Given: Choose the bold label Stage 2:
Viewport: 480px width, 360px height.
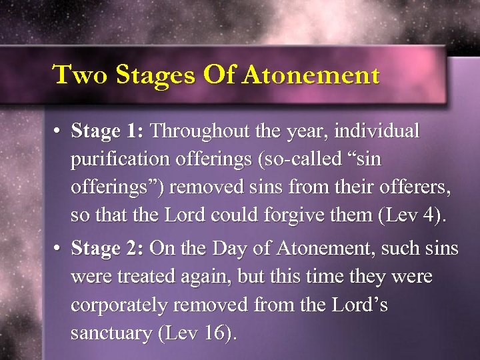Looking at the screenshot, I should point(108,249).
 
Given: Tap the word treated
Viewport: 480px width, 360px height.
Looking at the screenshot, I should point(146,277).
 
